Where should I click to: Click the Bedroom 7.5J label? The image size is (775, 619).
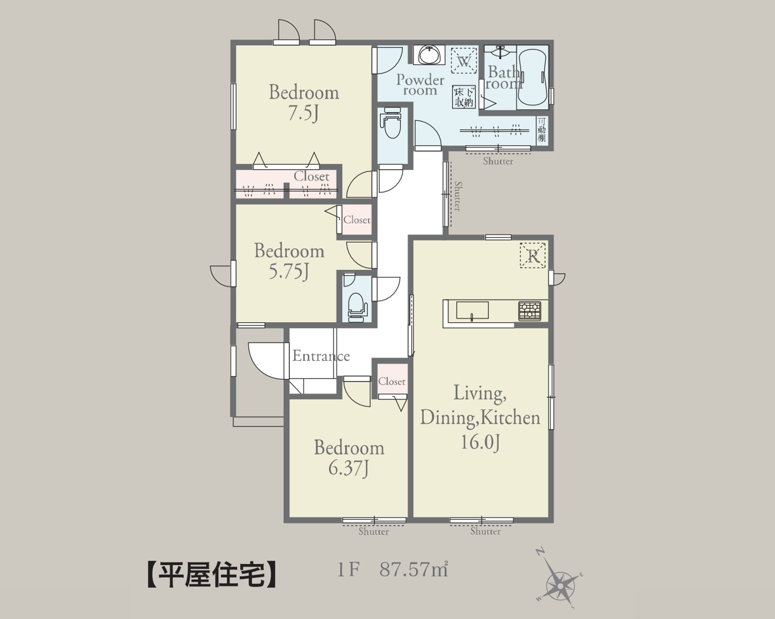click(304, 102)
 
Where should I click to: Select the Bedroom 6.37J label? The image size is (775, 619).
click(349, 457)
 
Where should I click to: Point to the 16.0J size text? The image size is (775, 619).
click(480, 442)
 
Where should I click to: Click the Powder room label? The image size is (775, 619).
click(420, 84)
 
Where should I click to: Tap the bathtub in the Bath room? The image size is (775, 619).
click(532, 77)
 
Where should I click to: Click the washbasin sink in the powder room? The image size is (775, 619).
click(429, 55)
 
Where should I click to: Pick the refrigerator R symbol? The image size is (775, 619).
click(533, 256)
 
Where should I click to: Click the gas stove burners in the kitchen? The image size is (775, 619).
click(529, 311)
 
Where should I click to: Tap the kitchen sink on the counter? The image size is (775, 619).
click(472, 311)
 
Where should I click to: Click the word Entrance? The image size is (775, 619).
click(321, 356)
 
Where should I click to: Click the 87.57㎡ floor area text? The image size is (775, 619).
click(413, 569)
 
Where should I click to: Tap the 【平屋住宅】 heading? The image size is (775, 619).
click(212, 574)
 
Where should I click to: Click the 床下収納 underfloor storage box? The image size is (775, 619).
click(464, 97)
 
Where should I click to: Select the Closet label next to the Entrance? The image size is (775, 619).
click(391, 381)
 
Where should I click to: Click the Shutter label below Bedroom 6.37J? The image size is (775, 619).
click(374, 532)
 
